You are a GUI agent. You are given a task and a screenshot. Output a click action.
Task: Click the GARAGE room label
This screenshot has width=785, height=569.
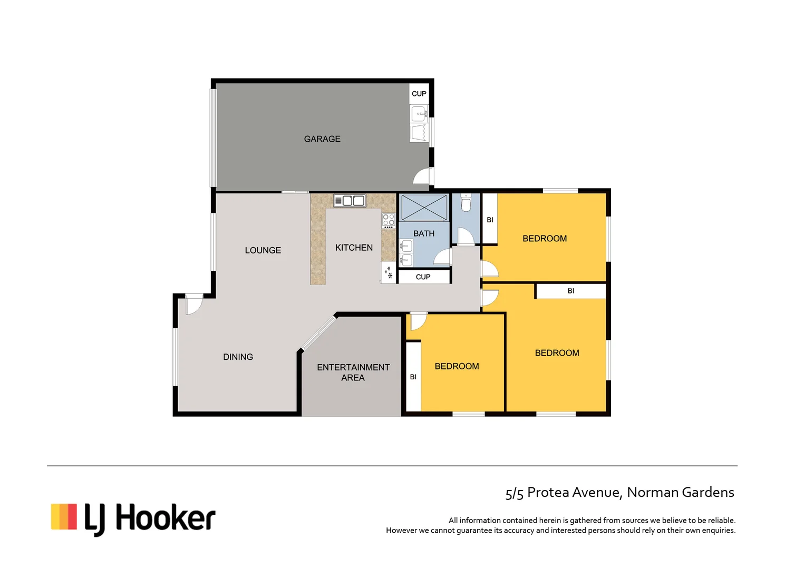pyautogui.click(x=322, y=139)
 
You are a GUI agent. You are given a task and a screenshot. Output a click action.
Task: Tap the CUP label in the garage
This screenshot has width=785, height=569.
pyautogui.click(x=419, y=94)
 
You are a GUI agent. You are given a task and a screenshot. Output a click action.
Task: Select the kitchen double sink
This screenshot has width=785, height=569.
pyautogui.click(x=350, y=201)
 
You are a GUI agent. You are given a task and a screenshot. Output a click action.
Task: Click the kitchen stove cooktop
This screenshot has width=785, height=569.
pyautogui.click(x=389, y=220)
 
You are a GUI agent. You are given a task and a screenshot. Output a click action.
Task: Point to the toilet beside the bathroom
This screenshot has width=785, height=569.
pyautogui.click(x=466, y=203)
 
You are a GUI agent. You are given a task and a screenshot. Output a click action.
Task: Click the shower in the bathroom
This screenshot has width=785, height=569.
pyautogui.click(x=424, y=208)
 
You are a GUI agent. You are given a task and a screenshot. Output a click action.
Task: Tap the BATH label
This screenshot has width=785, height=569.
pyautogui.click(x=424, y=233)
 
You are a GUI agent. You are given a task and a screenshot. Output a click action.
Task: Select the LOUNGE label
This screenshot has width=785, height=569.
pyautogui.click(x=263, y=250)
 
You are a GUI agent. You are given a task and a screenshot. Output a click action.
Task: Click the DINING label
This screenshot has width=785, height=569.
pyautogui.click(x=238, y=357)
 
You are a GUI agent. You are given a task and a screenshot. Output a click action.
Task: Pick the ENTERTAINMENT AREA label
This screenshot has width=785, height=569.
pyautogui.click(x=353, y=372)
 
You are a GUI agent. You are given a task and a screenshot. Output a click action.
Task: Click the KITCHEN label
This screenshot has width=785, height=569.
pyautogui.click(x=354, y=248)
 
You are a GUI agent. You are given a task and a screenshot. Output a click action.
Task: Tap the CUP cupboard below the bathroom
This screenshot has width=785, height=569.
pyautogui.click(x=423, y=277)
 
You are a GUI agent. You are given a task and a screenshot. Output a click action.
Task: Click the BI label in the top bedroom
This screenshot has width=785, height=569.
pyautogui.click(x=490, y=220)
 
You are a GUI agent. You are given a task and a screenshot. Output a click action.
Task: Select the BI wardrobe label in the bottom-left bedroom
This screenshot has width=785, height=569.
pyautogui.click(x=413, y=377)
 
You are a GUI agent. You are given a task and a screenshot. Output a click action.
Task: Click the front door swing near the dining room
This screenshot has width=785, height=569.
pyautogui.click(x=193, y=305)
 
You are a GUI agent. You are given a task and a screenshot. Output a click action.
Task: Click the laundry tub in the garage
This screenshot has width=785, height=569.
pyautogui.click(x=420, y=133)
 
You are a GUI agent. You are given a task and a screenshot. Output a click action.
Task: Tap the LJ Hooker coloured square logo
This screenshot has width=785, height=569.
pyautogui.click(x=64, y=516)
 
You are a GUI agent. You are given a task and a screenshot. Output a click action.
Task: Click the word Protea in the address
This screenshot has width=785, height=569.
pyautogui.click(x=548, y=492)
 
